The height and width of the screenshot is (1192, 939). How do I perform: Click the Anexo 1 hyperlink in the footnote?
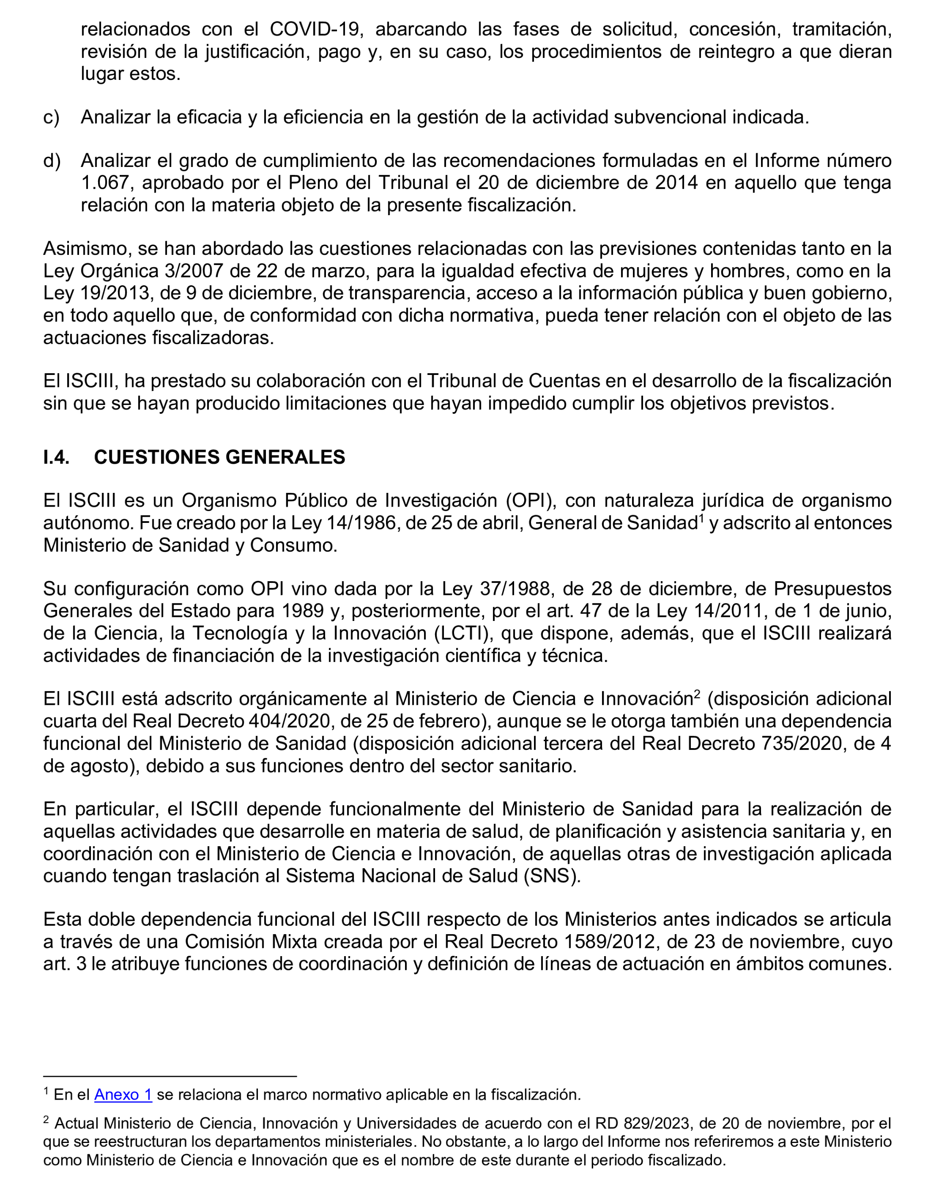[123, 1095]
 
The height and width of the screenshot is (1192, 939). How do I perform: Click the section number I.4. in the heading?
[56, 458]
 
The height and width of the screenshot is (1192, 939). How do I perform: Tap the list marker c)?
[51, 117]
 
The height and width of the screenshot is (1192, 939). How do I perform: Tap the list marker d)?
[52, 161]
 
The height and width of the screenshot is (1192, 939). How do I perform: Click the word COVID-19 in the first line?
[315, 29]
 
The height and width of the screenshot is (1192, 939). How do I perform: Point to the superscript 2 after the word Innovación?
[697, 694]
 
